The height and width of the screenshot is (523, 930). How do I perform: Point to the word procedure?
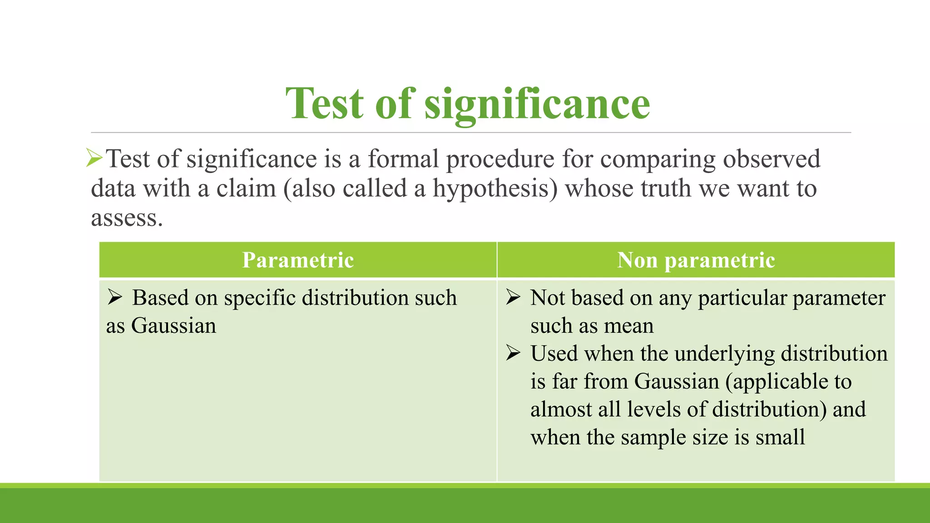coord(500,160)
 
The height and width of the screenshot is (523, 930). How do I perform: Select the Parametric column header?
coord(298,260)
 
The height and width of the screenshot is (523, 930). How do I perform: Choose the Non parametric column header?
coord(696,260)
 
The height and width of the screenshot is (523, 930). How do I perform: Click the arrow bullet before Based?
coord(115,297)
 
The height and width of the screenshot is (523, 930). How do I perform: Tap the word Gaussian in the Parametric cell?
coord(174,326)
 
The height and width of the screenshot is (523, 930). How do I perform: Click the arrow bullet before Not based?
coord(513,297)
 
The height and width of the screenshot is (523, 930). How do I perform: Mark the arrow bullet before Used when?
coord(513,353)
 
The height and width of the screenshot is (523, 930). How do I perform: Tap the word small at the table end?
coord(780,437)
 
